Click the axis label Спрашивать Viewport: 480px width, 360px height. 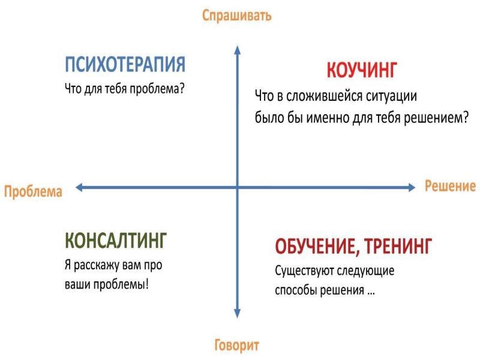point(236,16)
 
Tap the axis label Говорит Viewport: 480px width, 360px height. point(236,345)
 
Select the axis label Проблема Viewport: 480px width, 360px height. point(33,191)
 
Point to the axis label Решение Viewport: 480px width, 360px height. point(451,186)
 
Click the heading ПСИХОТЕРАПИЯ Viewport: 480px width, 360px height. point(125,64)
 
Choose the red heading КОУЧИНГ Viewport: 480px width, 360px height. point(362,70)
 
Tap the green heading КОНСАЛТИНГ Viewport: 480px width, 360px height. point(116,240)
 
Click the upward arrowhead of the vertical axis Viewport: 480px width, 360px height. point(237,50)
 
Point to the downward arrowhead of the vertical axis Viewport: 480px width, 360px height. point(237,313)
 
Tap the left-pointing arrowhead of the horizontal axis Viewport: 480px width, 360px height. point(80,187)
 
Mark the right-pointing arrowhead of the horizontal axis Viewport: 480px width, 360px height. point(411,187)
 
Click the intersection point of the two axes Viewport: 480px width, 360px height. point(237,187)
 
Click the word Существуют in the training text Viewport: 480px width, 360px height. point(304,271)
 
